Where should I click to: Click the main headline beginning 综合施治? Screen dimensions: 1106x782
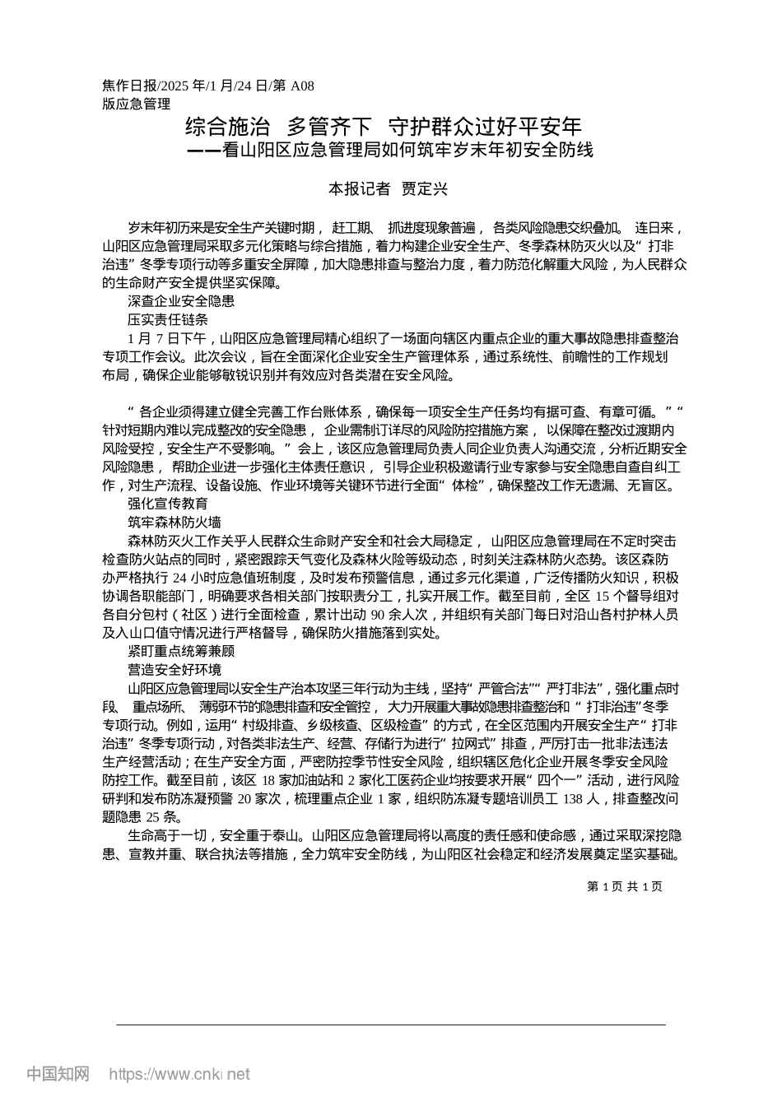pos(384,127)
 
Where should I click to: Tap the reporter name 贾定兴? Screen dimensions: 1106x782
pos(425,188)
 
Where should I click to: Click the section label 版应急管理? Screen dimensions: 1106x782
pos(136,104)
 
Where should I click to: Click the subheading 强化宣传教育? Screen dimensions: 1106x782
pos(168,504)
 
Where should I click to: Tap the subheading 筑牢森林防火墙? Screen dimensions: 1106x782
pos(175,522)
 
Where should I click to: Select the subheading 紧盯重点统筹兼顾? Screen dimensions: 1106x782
pos(181,651)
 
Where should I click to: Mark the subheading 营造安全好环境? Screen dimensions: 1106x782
pos(175,669)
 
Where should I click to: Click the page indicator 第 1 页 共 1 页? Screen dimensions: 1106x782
pos(625,886)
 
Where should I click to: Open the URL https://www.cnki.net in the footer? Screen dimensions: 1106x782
pos(179,1074)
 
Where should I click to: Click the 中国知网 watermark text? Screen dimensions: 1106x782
pos(58,1074)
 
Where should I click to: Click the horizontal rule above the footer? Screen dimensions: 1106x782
pos(390,1025)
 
